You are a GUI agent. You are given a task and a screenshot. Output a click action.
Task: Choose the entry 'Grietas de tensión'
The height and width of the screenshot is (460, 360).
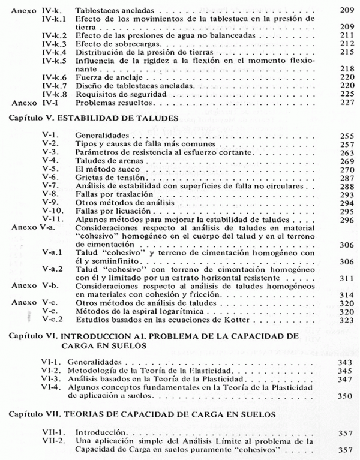pyautogui.click(x=109, y=179)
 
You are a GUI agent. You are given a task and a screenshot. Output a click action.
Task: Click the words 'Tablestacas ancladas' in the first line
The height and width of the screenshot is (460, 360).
pyautogui.click(x=115, y=11)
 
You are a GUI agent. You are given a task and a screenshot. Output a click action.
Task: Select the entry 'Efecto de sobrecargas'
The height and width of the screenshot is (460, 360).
pyautogui.click(x=117, y=44)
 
